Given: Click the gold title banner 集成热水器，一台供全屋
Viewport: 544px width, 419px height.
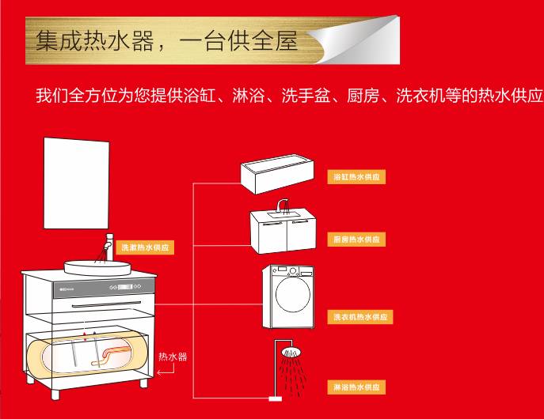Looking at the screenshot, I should click(166, 40).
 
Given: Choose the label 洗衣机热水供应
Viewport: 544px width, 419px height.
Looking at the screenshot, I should click(361, 317).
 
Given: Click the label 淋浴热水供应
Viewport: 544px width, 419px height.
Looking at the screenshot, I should click(356, 387).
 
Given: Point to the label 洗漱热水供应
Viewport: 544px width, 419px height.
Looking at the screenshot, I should click(145, 247).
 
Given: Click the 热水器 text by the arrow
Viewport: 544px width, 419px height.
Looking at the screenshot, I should click(173, 357).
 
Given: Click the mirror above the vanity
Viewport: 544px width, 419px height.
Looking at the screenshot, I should click(78, 181).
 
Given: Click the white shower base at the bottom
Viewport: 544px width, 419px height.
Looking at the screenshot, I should click(277, 400).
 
